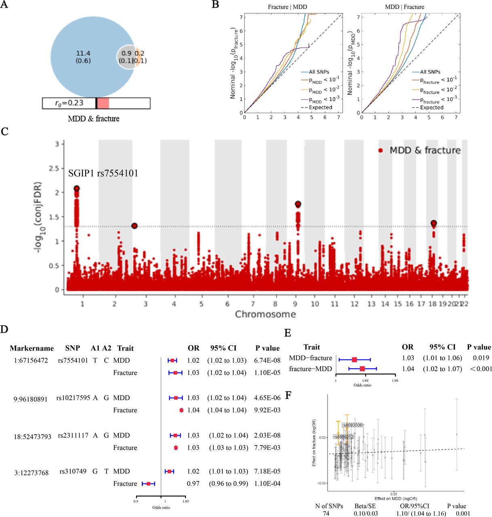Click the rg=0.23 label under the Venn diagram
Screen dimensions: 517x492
point(69,103)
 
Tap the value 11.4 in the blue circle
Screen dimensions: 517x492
point(83,53)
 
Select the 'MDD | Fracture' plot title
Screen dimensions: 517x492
point(404,7)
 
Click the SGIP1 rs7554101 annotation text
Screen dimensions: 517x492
point(103,173)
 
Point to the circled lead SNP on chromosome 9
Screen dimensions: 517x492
point(298,204)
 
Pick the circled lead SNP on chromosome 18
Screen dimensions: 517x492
point(434,223)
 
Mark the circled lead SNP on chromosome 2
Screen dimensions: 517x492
point(135,226)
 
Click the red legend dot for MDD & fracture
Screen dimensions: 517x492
point(380,150)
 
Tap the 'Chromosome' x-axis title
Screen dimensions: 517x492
point(265,314)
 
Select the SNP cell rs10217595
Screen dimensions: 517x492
point(73,398)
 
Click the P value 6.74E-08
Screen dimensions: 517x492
point(267,361)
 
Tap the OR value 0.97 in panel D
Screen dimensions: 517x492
point(193,483)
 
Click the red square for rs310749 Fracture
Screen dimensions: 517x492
point(148,483)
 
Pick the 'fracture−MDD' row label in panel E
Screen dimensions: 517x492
point(310,369)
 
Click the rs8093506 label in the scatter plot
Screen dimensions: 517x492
point(353,425)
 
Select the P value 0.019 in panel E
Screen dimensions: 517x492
point(481,358)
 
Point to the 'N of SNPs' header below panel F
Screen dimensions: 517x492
point(329,506)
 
